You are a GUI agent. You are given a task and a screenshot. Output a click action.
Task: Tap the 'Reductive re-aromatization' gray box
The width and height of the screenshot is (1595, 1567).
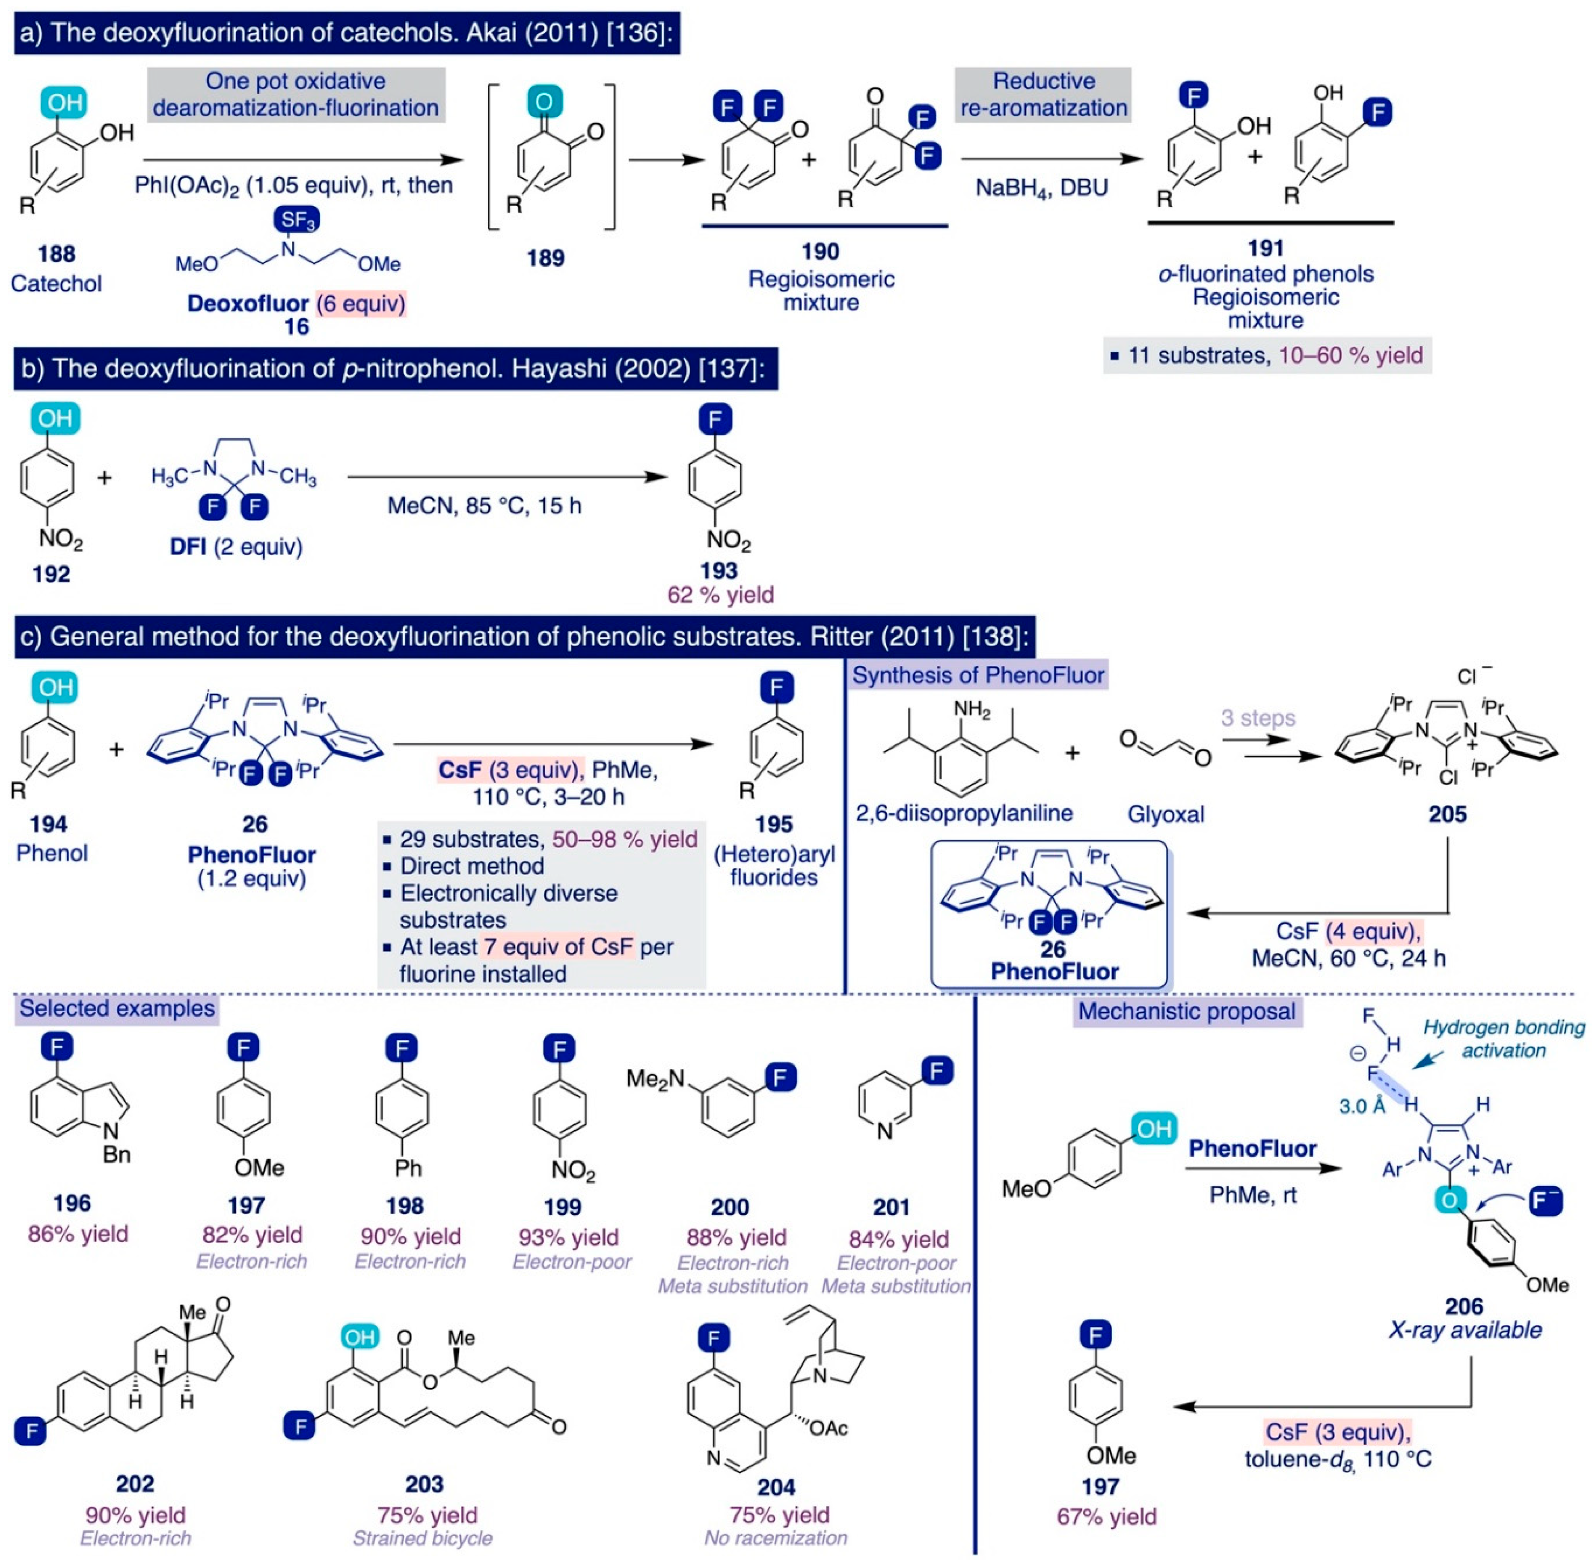tap(1043, 95)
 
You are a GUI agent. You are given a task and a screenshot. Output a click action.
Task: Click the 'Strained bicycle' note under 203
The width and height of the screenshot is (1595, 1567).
tap(422, 1538)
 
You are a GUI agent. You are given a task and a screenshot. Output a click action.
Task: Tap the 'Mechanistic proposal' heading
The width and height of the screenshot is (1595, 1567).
tap(1187, 1012)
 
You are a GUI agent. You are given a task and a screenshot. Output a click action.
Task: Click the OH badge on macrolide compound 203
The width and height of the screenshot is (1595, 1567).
tap(359, 1337)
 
